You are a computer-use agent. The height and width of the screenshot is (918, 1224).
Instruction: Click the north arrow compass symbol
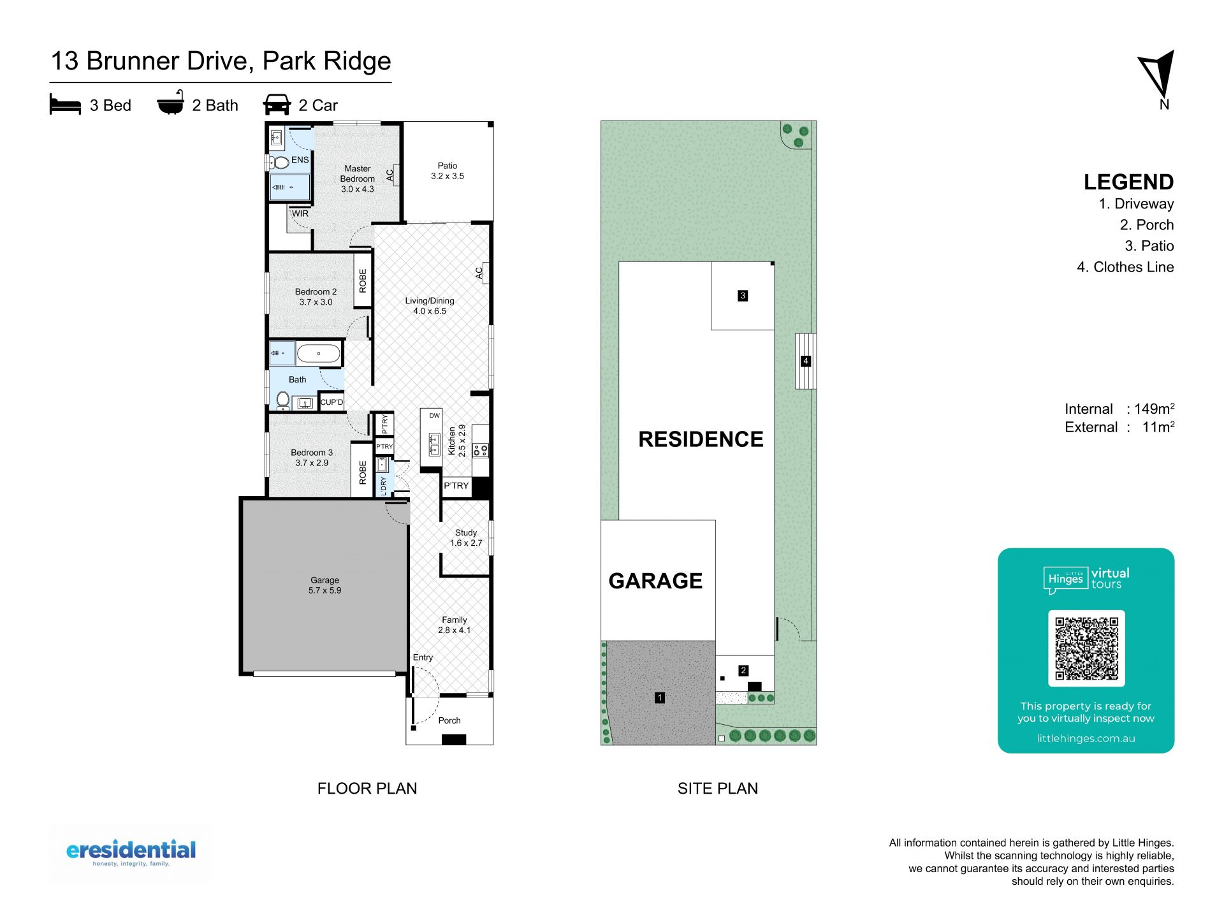(1158, 74)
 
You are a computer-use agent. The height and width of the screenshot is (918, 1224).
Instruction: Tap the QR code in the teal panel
(1086, 648)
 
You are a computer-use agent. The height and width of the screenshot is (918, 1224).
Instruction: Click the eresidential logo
(131, 853)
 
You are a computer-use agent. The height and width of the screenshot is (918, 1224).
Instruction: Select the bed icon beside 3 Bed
(65, 105)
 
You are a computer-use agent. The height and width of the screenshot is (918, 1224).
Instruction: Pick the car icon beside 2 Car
(277, 105)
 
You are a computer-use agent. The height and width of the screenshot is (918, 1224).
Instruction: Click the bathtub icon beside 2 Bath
(171, 103)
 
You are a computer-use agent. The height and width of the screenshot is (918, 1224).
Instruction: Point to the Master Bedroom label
(357, 173)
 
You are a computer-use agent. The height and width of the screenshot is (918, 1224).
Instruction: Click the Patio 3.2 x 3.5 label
(448, 171)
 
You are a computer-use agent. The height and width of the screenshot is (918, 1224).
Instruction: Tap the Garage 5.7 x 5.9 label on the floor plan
(324, 585)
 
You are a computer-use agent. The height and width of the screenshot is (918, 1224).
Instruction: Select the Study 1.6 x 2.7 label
(466, 537)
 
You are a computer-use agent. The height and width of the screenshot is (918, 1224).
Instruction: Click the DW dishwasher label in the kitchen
(434, 416)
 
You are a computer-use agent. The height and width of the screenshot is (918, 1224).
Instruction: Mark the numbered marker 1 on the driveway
(660, 697)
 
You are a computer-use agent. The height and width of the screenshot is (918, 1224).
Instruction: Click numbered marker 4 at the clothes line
(806, 361)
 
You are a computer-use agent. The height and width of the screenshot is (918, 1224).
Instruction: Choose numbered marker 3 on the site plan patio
(743, 296)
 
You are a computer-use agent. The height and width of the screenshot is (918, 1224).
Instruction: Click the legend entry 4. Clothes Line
(1125, 267)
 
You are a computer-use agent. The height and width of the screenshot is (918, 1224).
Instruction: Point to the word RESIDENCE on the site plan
(701, 439)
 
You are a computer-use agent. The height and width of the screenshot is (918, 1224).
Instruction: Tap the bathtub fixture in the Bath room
(319, 353)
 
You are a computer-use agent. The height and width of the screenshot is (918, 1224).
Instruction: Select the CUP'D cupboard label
(331, 402)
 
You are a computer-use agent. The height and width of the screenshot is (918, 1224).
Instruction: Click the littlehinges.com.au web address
(1086, 738)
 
